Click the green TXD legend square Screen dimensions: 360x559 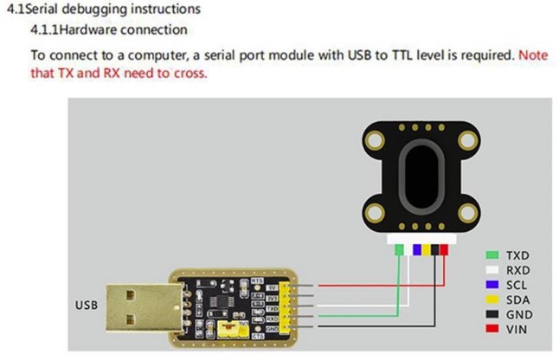pos(492,256)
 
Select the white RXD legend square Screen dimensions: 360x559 pos(492,270)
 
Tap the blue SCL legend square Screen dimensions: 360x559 pos(492,285)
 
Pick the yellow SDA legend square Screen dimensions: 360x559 pos(492,299)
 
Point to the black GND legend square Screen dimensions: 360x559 pos(492,314)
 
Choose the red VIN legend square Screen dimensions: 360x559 pos(492,329)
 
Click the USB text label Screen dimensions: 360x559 pos(87,305)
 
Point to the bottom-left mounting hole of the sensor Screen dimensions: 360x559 pos(376,211)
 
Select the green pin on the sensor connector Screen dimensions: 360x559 pos(399,250)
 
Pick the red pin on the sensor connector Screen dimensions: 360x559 pos(444,250)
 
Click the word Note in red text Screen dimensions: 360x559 pos(533,55)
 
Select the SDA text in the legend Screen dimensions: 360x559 pos(518,299)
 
